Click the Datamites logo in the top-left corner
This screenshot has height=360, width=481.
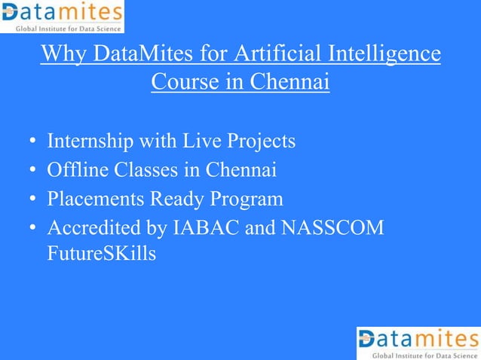62,17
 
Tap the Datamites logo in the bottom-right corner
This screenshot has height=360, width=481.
418,343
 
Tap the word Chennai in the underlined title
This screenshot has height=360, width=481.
290,81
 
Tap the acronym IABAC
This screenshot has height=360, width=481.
205,227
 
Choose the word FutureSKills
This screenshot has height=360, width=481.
102,254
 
